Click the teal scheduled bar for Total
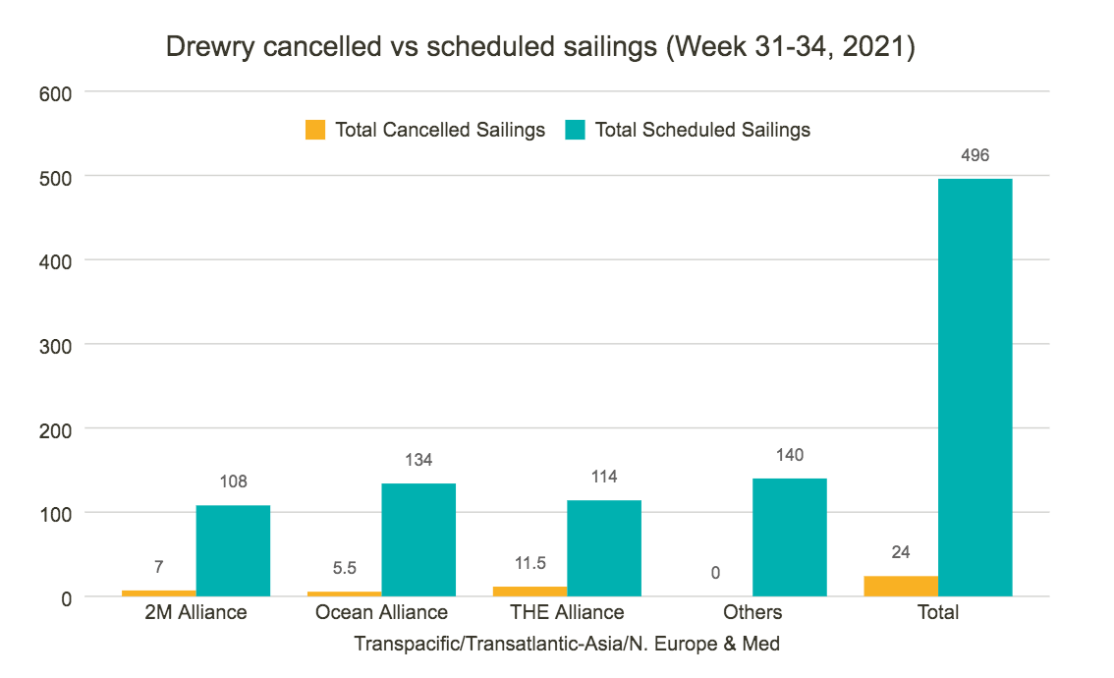(975, 387)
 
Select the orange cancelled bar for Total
(901, 587)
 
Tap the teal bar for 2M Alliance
(233, 550)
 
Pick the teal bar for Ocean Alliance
(418, 539)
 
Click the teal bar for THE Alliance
(604, 548)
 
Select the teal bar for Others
(790, 537)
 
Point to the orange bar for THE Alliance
(529, 592)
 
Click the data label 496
(975, 156)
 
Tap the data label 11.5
(529, 563)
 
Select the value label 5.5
(344, 568)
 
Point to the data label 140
(790, 455)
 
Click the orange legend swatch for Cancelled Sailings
(315, 130)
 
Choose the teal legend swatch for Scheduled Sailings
(576, 130)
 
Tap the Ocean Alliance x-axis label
(381, 612)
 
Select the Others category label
(752, 612)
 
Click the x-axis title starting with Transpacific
(567, 645)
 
